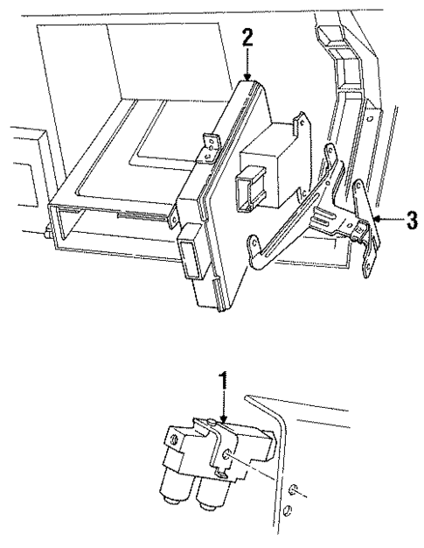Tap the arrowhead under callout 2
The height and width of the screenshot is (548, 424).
click(x=247, y=79)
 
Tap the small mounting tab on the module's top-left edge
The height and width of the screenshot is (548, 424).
click(x=209, y=144)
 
